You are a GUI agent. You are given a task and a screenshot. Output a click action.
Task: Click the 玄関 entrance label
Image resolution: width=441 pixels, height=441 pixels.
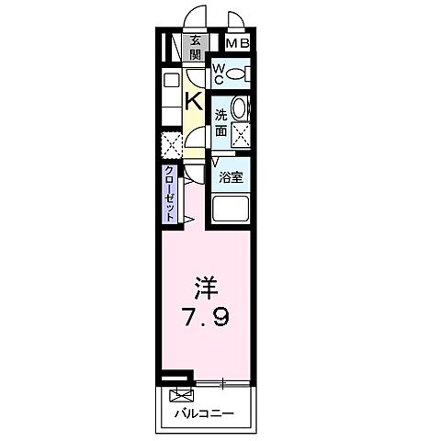coord(196,47)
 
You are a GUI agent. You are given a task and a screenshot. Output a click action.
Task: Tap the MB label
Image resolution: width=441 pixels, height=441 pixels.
coord(238,43)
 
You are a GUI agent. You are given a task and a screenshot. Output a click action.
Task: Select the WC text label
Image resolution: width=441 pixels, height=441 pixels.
coord(220,73)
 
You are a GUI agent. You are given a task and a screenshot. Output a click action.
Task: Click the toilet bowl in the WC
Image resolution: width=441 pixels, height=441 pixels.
coord(239,73)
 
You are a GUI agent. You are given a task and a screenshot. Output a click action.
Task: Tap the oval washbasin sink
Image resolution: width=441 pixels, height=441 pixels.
coord(240,108)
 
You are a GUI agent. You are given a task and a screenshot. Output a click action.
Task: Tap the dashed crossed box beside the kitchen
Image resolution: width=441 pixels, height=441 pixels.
coord(171,144)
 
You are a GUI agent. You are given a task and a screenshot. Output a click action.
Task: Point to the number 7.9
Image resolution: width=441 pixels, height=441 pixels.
coord(210,318)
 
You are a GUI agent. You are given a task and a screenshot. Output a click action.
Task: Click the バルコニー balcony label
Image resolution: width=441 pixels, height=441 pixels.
coord(204,414)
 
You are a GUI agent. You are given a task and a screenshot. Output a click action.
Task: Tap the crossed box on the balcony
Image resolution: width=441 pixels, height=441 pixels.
coord(178,396)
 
